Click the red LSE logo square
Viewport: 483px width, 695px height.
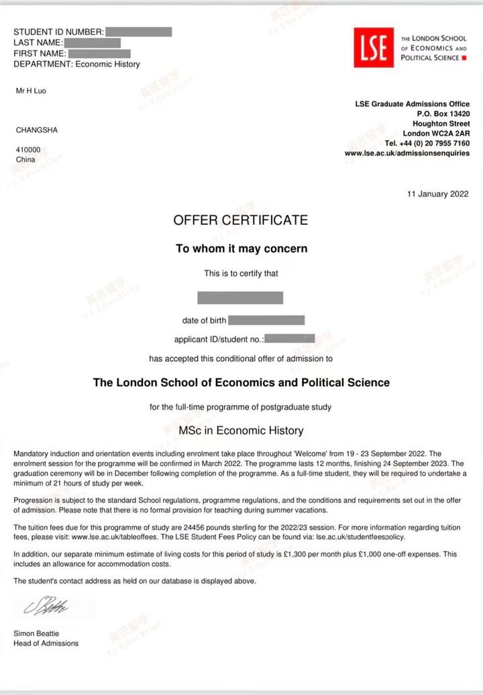[374, 48]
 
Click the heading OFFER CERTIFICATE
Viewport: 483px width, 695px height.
[241, 220]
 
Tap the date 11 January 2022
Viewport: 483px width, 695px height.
[438, 195]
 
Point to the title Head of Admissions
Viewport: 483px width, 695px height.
[46, 643]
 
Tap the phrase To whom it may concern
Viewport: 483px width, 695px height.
[241, 248]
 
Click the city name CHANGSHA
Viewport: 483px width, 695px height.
[37, 130]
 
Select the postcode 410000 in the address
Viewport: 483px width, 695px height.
[28, 150]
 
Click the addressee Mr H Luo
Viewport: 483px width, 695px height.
[31, 91]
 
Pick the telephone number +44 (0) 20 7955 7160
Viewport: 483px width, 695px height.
[436, 144]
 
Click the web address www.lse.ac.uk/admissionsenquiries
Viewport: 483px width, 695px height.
[407, 154]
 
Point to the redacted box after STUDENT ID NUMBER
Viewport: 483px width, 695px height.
[139, 32]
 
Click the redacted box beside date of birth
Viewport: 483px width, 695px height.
[266, 320]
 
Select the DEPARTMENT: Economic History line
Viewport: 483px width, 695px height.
[76, 64]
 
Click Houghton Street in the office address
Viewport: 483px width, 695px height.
[441, 124]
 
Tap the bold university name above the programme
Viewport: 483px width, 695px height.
[241, 383]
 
